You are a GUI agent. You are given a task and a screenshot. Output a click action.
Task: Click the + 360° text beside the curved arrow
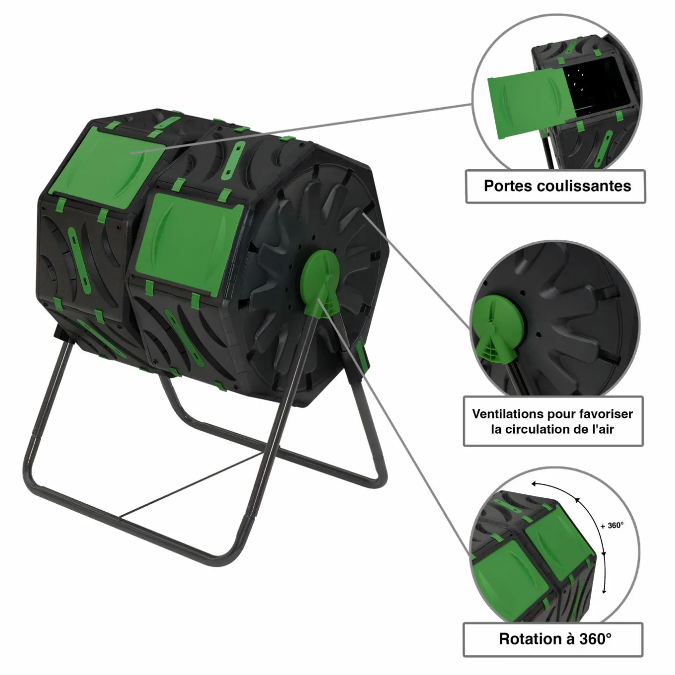coord(611,526)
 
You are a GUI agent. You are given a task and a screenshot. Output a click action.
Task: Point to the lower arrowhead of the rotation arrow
coord(604,590)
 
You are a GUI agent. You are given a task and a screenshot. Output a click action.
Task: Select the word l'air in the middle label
coord(600,429)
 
